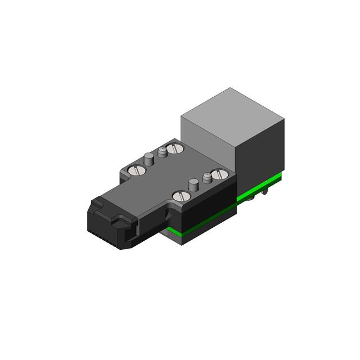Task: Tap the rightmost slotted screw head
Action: (218, 175)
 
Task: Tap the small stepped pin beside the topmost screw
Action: (162, 152)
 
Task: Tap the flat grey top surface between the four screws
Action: (174, 172)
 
